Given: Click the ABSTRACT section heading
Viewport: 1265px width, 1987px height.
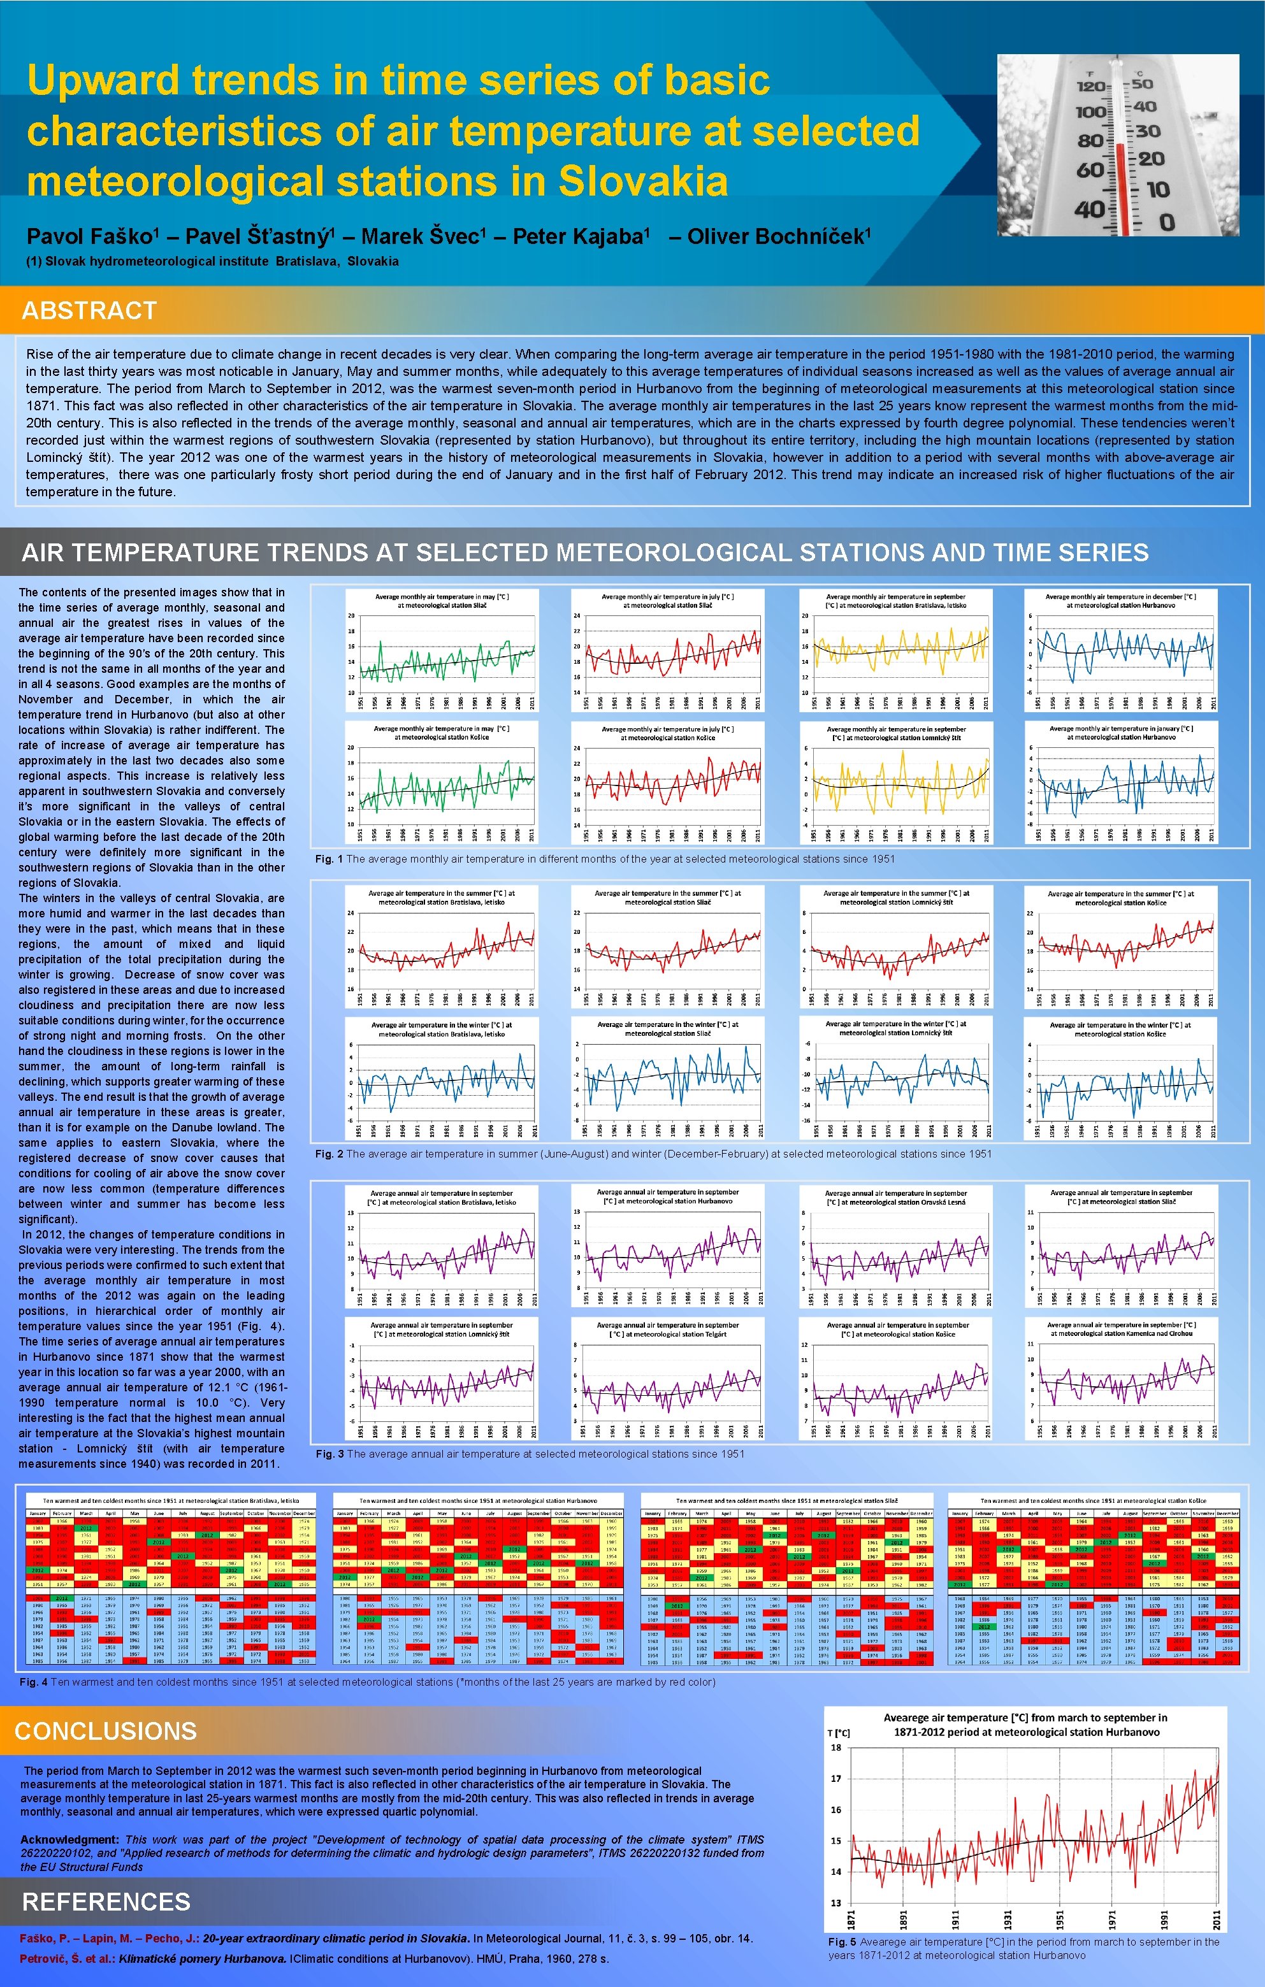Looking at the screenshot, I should (89, 310).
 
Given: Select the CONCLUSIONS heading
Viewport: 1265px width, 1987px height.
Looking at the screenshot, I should (106, 1730).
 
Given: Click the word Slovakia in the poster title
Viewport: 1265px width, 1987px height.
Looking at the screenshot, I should (643, 182).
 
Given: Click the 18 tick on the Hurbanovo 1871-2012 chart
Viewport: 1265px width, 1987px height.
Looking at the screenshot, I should (836, 1747).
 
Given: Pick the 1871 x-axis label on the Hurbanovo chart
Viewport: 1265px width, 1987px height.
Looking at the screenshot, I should (851, 1918).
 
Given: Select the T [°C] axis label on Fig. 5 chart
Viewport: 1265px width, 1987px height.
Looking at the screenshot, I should (839, 1732).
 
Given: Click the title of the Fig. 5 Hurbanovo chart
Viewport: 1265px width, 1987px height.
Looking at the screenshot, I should (1025, 1725).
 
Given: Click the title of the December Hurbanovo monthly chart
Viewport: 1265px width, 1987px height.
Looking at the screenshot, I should (1120, 601).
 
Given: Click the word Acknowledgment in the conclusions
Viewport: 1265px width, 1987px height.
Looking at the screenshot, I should (69, 1839).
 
